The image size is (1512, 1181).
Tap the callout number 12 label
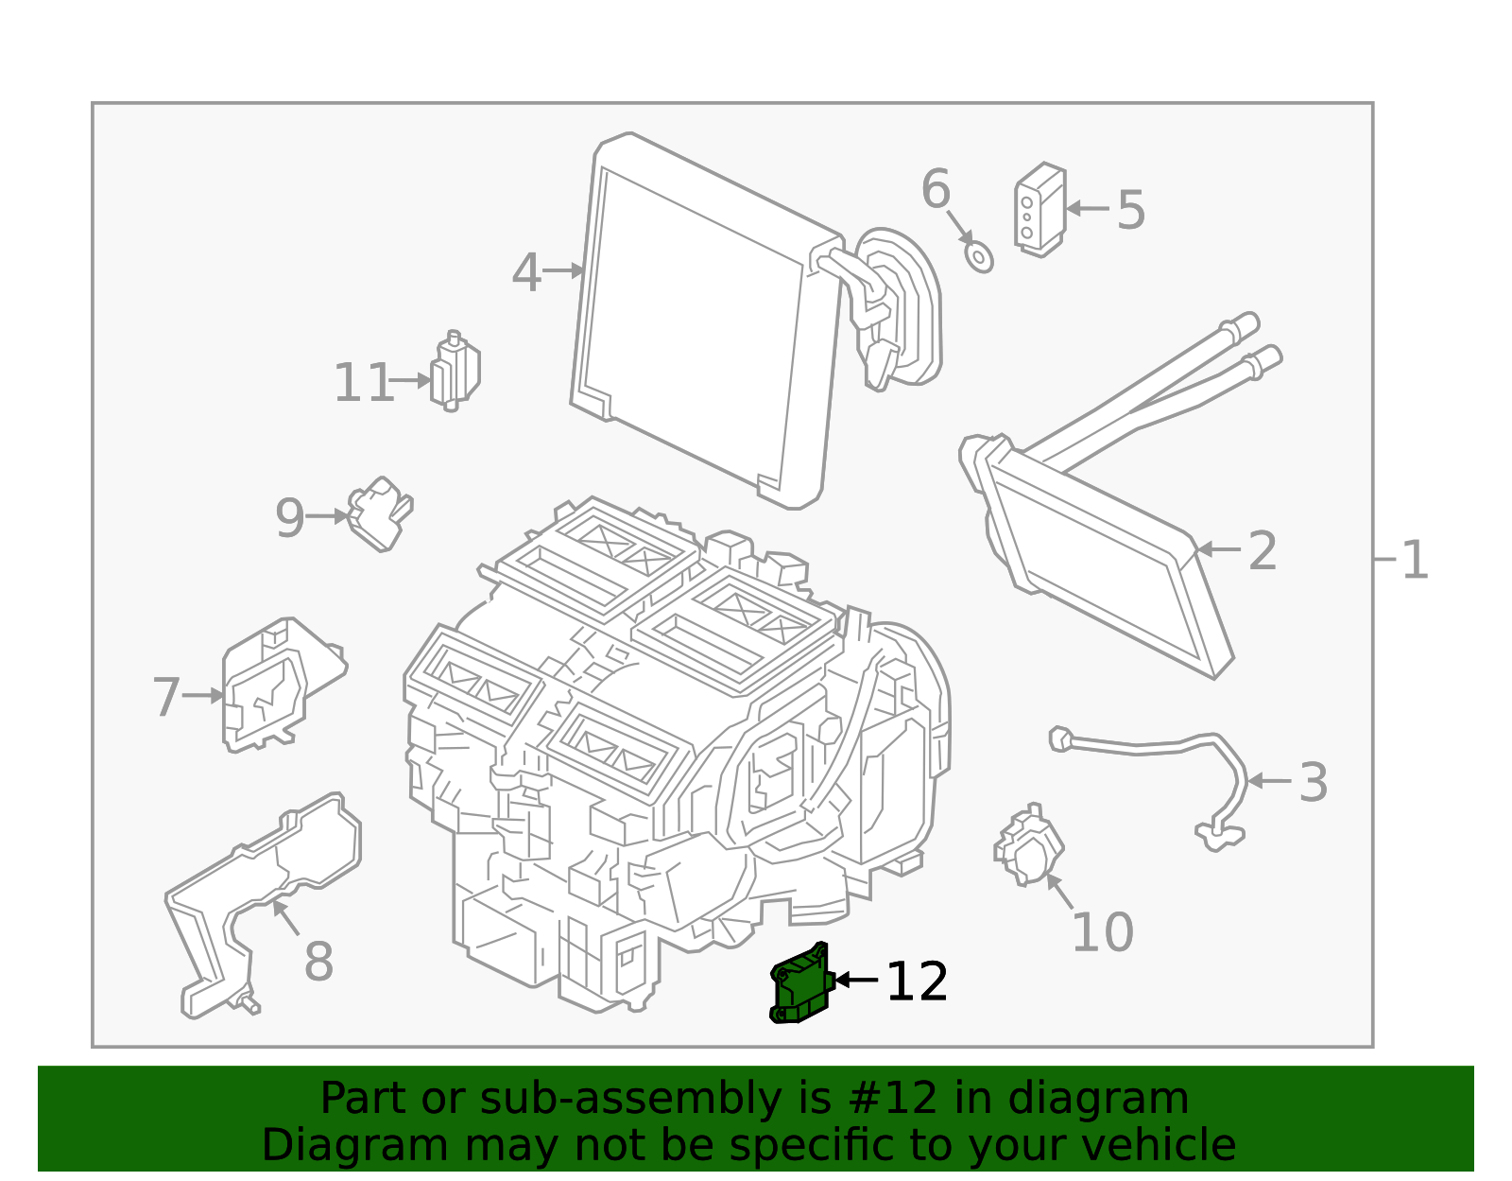point(916,982)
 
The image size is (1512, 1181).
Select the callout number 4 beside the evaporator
point(526,273)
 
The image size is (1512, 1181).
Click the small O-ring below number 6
point(979,256)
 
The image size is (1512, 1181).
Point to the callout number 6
point(936,190)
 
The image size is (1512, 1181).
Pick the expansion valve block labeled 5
point(1039,209)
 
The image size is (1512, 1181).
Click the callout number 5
point(1130,210)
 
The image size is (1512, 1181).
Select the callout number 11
point(363,383)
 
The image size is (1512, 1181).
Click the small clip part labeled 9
point(380,513)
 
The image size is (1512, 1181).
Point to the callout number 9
point(290,518)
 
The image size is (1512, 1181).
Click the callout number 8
point(318,963)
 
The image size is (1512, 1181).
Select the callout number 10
point(1102,933)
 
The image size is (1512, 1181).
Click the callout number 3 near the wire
point(1313,783)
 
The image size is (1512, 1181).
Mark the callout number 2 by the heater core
point(1263,551)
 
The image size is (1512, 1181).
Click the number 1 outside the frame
point(1415,561)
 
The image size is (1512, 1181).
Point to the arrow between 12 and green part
point(856,981)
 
